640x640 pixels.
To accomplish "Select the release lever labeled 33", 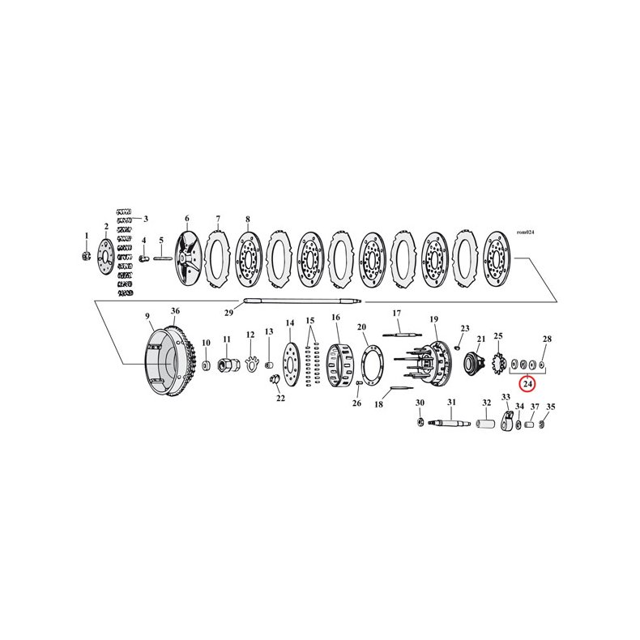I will [507, 421].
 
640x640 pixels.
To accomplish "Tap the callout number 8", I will [248, 219].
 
